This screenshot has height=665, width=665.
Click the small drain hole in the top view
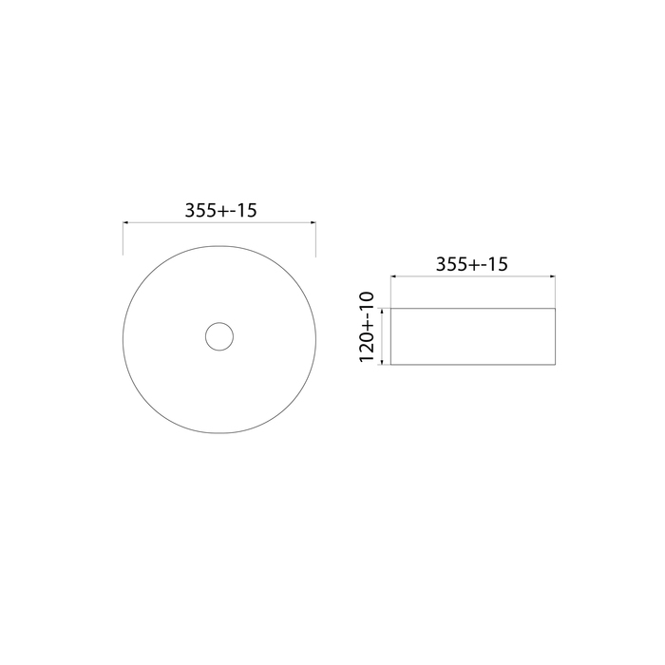(219, 337)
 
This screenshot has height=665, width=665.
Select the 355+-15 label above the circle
(220, 212)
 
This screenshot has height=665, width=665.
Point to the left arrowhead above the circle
(126, 223)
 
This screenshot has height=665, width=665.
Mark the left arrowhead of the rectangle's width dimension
(394, 277)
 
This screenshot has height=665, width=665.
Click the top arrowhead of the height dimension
(383, 310)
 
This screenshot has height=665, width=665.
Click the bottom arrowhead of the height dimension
(383, 361)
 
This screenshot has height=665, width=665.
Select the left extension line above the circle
(123, 238)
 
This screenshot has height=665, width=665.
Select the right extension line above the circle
(314, 238)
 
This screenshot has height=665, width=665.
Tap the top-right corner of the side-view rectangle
(555, 308)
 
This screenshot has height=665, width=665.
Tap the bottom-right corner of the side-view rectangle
(555, 364)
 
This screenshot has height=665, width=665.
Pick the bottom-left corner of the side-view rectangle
(391, 364)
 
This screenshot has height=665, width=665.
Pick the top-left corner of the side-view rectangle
(391, 308)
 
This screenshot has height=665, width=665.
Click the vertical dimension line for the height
(383, 335)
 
